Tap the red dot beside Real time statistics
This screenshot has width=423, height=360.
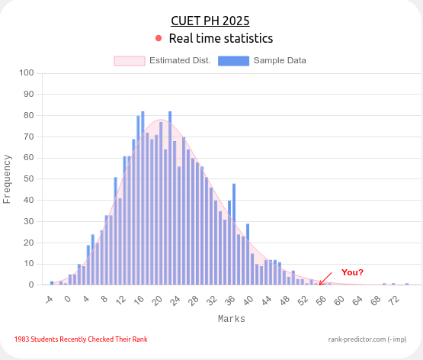[159, 38]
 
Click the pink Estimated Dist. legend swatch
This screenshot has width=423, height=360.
[129, 60]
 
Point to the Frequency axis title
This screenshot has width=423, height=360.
[8, 179]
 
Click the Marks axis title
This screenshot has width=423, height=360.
[231, 319]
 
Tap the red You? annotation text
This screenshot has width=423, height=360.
[351, 272]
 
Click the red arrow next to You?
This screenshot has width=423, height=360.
[325, 278]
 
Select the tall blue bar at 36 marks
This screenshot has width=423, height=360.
[234, 234]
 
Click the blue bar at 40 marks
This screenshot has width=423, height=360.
[248, 254]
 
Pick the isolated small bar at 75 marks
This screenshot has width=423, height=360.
[407, 284]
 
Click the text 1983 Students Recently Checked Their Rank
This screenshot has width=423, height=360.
[80, 339]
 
